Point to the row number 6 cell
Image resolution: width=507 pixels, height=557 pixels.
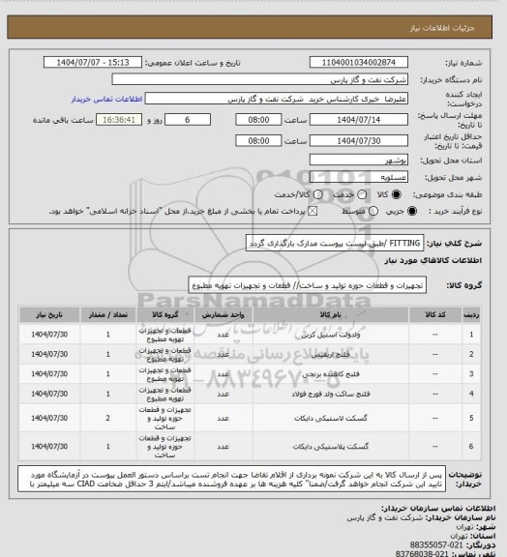click(x=471, y=447)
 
